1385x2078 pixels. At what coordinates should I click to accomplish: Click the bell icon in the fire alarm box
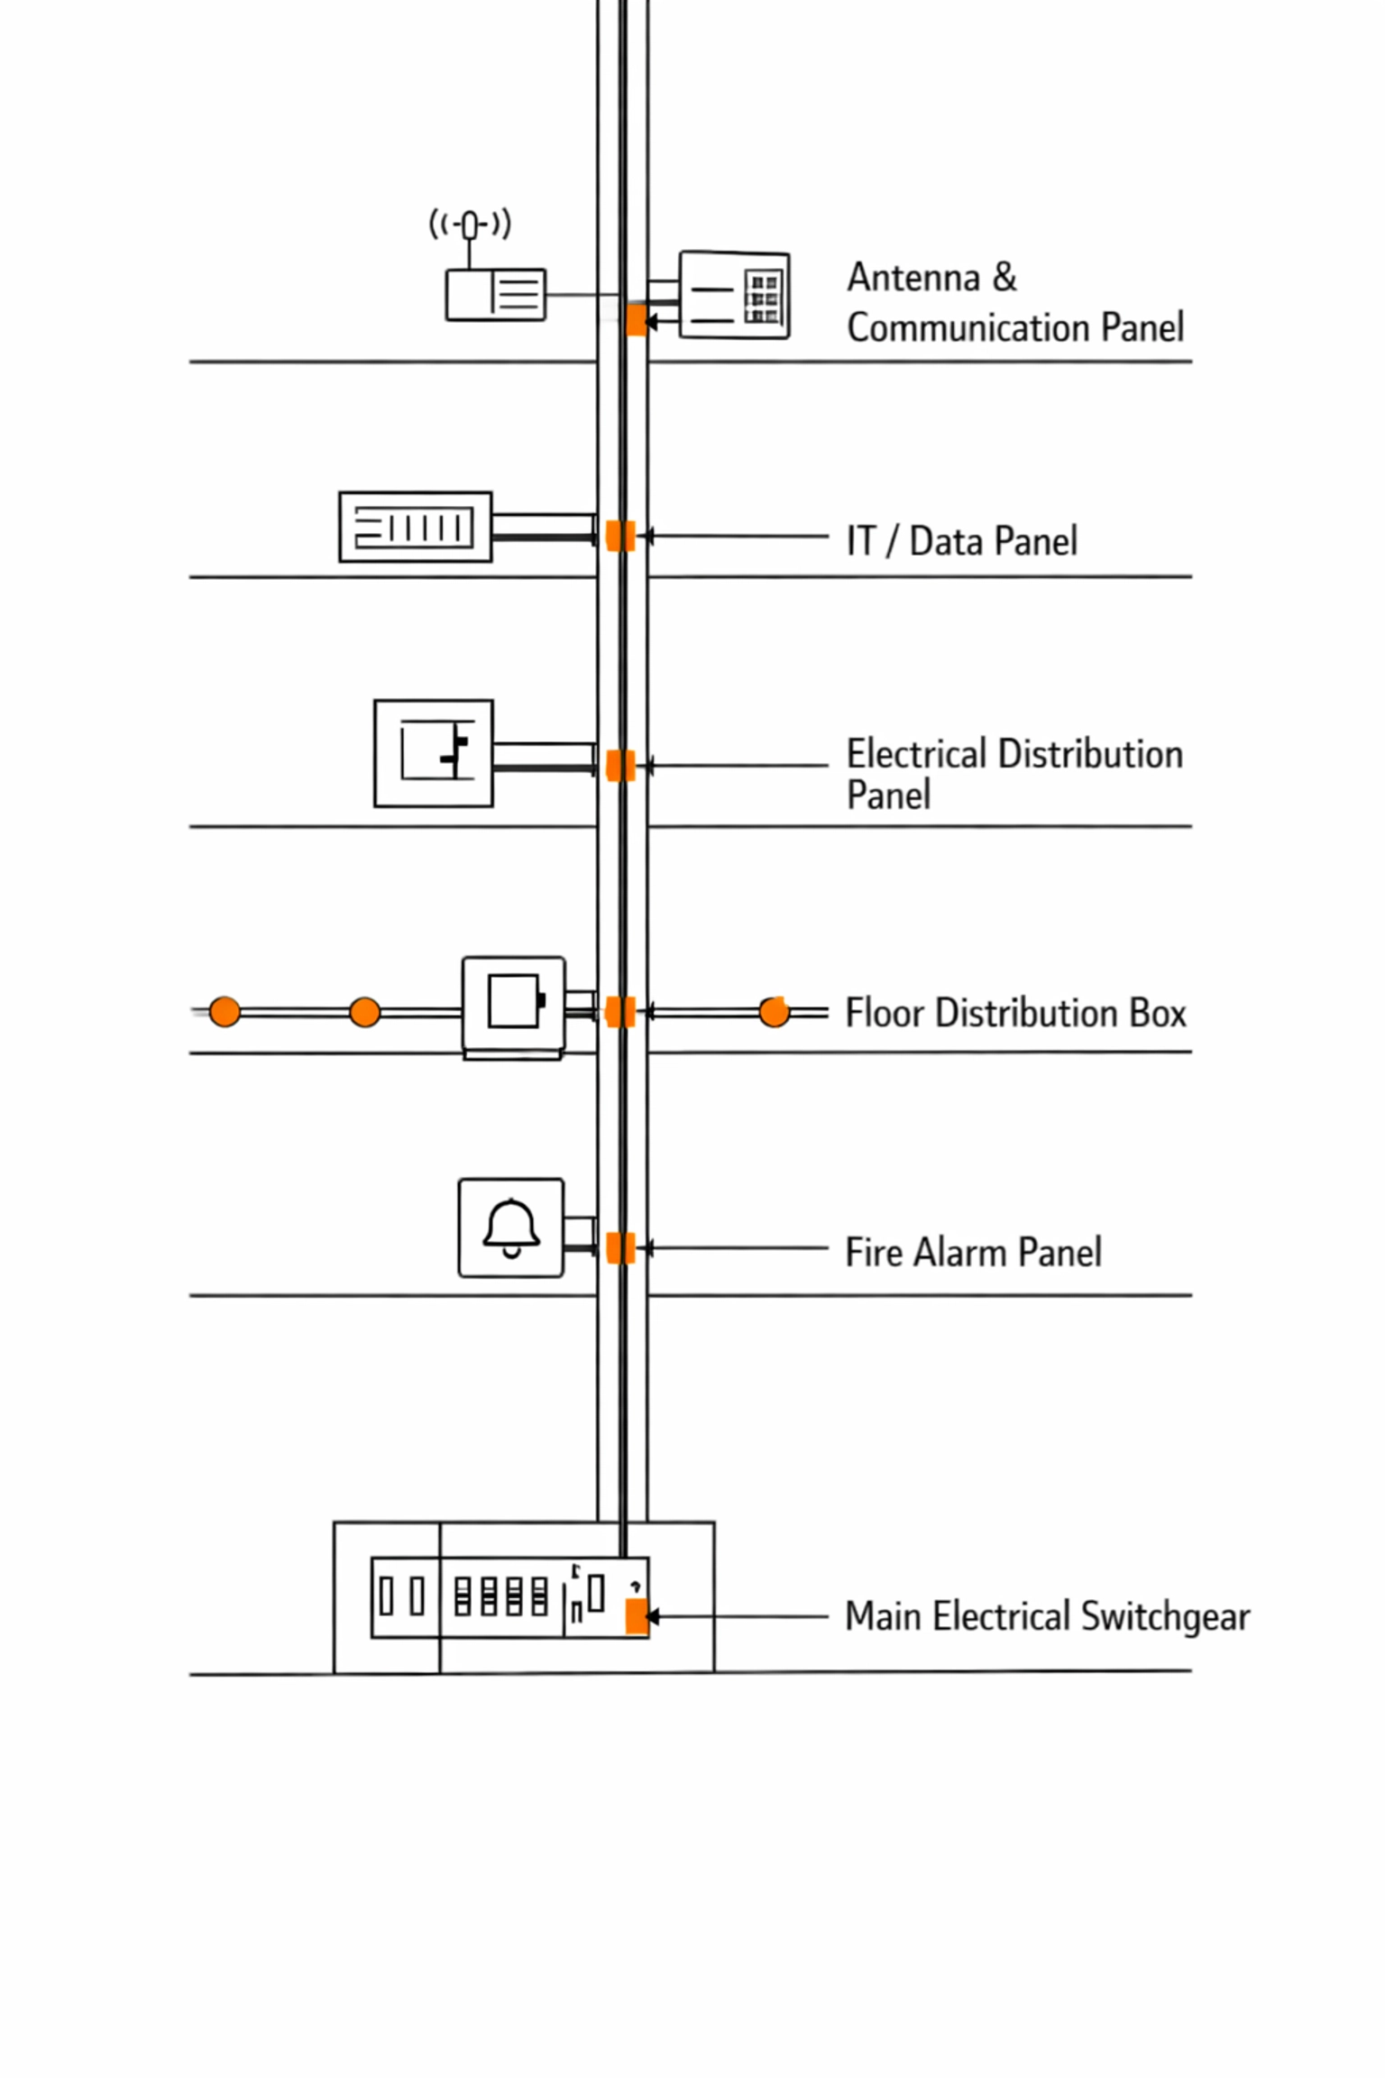(511, 1227)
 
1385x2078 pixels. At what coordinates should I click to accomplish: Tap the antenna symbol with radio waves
(470, 224)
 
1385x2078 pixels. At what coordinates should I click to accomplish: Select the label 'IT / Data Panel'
(961, 541)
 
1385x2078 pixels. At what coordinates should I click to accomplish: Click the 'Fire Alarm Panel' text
(973, 1252)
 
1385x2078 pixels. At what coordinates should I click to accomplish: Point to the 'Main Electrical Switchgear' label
(1047, 1616)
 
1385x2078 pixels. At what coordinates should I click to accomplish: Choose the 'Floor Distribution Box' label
(1015, 1013)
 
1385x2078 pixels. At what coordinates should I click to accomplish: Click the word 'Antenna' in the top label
(913, 278)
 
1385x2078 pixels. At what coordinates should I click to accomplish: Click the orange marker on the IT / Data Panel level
(620, 536)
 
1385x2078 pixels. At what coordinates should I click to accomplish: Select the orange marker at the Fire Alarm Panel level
(620, 1248)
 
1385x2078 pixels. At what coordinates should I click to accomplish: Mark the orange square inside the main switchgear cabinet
(637, 1616)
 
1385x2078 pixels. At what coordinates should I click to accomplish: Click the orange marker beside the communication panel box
(637, 320)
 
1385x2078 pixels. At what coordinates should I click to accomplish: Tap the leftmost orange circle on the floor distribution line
(225, 1012)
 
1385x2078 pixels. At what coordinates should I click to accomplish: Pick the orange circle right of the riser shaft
(774, 1012)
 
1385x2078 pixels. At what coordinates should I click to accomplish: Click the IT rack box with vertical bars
(415, 528)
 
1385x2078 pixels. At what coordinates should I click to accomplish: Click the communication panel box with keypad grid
(734, 296)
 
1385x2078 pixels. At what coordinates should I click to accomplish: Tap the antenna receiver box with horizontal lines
(496, 294)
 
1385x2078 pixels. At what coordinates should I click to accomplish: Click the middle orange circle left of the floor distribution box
(364, 1012)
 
